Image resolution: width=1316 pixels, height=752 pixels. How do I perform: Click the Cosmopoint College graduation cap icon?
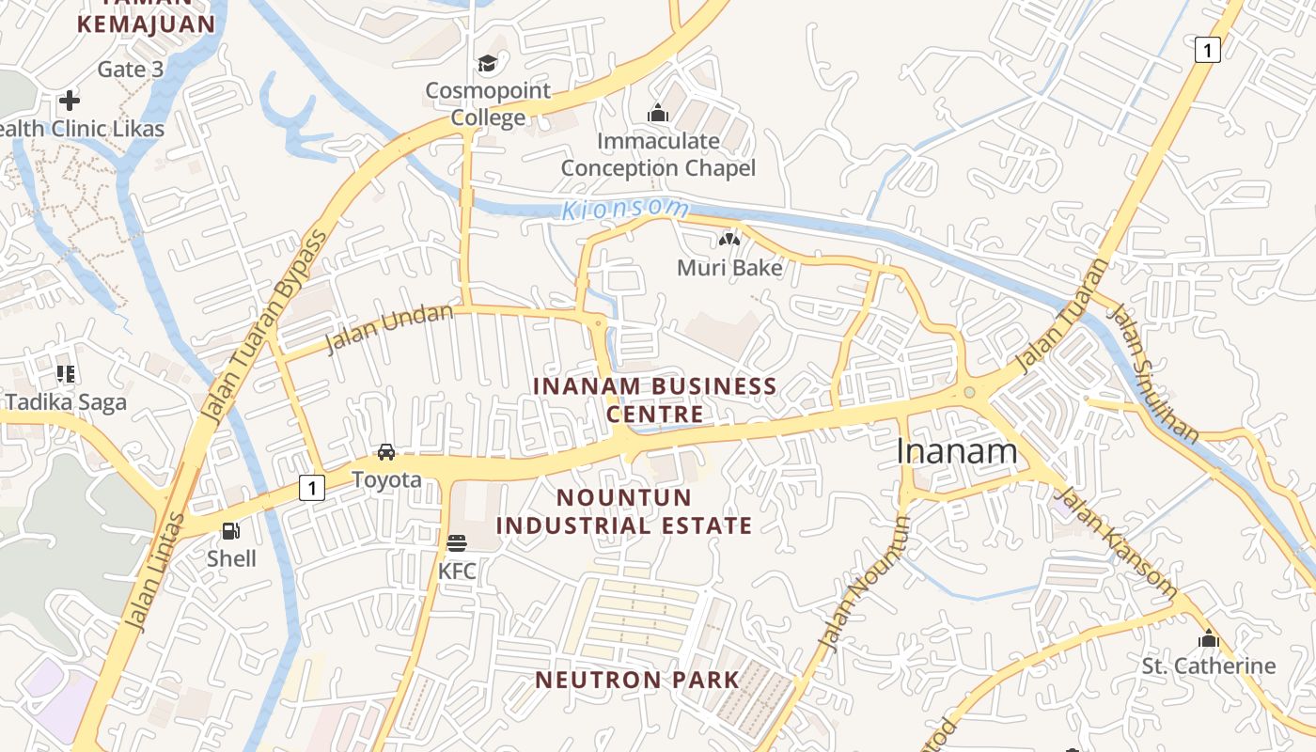tap(487, 64)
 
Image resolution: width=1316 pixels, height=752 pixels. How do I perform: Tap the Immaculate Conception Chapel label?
tap(658, 155)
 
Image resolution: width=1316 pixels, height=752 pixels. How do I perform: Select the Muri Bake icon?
tap(729, 240)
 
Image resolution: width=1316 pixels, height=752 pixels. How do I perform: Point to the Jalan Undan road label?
tap(389, 328)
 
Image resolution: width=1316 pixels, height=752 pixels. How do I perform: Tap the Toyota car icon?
tap(386, 453)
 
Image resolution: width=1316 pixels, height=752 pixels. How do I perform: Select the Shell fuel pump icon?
tap(230, 531)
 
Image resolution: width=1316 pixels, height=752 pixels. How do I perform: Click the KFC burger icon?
tap(457, 542)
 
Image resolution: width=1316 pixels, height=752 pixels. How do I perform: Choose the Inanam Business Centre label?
tap(655, 399)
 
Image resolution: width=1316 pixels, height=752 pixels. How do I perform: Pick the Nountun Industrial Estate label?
tap(624, 511)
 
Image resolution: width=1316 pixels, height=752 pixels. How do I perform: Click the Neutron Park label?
tap(637, 680)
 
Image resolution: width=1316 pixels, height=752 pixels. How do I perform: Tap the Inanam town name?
tap(956, 451)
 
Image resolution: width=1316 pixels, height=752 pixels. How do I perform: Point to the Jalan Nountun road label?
tap(864, 583)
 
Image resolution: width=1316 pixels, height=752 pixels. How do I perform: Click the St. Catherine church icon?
tap(1209, 639)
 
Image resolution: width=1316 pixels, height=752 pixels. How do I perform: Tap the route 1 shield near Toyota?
tap(312, 488)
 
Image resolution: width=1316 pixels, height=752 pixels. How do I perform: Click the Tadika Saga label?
tap(66, 402)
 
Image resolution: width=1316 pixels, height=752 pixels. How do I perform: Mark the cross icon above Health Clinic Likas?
tap(70, 100)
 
